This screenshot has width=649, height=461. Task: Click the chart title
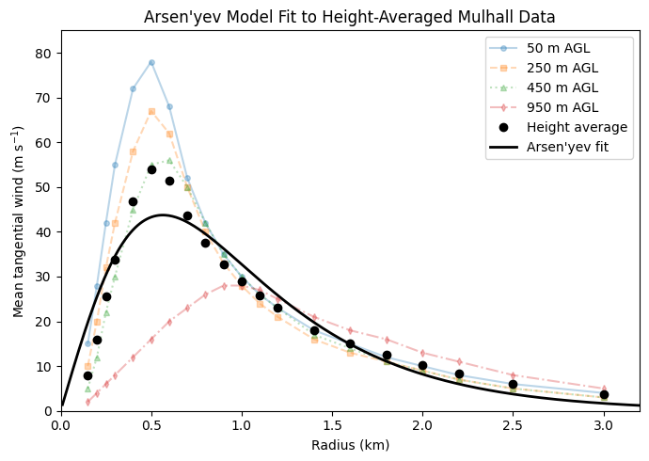coord(349,17)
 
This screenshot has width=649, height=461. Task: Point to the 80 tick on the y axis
coord(45,54)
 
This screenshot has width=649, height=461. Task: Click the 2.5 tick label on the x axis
coord(513,424)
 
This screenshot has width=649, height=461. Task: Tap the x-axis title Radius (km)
coord(350,445)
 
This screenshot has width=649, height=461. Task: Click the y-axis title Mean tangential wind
coord(19,220)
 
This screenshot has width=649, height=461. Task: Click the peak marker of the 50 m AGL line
coord(151,62)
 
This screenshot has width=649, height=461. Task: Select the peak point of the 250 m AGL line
coord(151,111)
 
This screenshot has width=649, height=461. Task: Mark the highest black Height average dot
coord(151,169)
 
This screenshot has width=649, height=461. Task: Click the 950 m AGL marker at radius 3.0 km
coord(604,389)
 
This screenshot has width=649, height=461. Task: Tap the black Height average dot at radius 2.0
coord(422,365)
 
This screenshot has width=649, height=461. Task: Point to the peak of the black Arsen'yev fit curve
coord(162,215)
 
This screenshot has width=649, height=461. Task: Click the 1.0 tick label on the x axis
coord(242,424)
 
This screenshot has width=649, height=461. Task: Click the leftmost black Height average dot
coord(87,375)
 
